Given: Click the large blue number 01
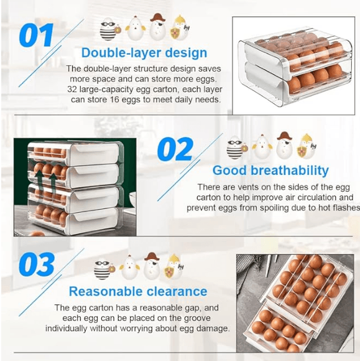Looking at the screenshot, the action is [x=36, y=35].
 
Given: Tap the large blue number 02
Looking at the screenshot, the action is [x=175, y=149].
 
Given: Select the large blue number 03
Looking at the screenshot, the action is [x=37, y=264].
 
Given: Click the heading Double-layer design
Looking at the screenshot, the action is [x=144, y=53].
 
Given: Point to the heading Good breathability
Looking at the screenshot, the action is [x=270, y=171].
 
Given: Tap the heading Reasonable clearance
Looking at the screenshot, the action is [x=138, y=291].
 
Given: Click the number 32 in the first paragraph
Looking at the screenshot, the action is [x=72, y=90].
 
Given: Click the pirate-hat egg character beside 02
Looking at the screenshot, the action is [x=285, y=145].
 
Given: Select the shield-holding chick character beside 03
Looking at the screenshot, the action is [x=173, y=266].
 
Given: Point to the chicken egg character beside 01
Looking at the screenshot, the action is [x=136, y=28].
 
